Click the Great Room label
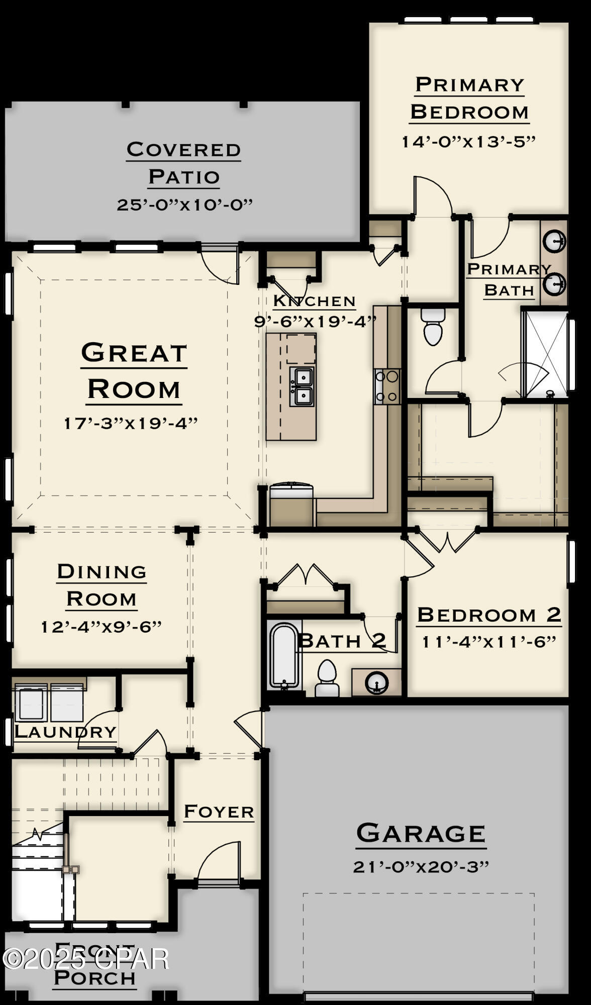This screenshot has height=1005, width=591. point(134,371)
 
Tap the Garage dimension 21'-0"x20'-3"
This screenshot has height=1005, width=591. point(421,867)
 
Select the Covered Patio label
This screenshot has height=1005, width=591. point(183,163)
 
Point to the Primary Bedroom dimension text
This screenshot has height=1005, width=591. point(468,142)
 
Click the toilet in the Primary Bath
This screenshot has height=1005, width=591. point(433,327)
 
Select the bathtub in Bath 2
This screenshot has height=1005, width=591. point(284,655)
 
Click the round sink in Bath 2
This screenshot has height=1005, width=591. point(376,683)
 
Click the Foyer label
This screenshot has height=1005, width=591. point(219,812)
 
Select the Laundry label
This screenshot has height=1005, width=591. point(65,732)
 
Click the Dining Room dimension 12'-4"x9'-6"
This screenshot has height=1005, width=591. point(101,627)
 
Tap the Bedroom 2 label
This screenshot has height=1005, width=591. point(488,615)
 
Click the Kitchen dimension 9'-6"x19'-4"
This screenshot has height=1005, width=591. point(315,321)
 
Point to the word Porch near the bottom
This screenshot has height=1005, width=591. point(94,977)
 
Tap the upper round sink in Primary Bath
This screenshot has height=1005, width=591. point(555,241)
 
